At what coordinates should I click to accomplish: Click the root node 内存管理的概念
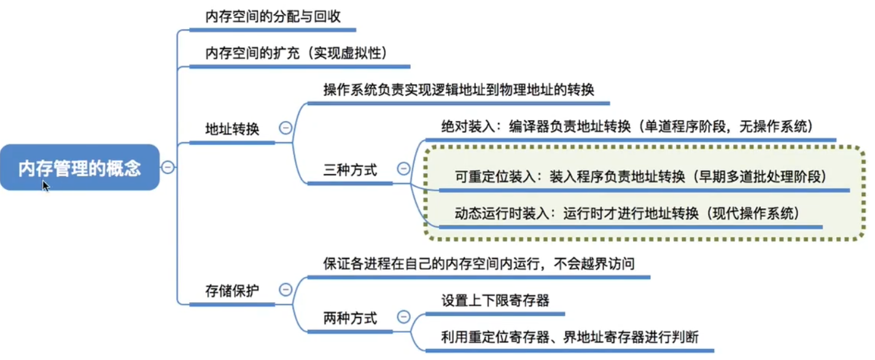pyautogui.click(x=80, y=167)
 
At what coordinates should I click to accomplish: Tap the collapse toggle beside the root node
pyautogui.click(x=168, y=167)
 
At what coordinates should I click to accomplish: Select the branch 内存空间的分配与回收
pyautogui.click(x=273, y=17)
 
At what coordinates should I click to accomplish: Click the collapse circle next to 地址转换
pyautogui.click(x=286, y=128)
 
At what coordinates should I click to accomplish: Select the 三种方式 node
pyautogui.click(x=350, y=170)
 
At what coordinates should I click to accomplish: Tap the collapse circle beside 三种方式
pyautogui.click(x=403, y=168)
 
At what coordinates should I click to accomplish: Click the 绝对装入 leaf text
pyautogui.click(x=627, y=127)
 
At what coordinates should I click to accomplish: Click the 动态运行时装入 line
pyautogui.click(x=626, y=213)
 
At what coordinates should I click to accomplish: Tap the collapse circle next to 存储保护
pyautogui.click(x=286, y=289)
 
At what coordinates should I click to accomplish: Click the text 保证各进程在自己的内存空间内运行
pyautogui.click(x=478, y=264)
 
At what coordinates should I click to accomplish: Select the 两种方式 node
pyautogui.click(x=350, y=319)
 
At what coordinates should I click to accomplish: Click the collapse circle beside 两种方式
pyautogui.click(x=403, y=317)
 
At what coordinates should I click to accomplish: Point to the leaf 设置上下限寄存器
pyautogui.click(x=495, y=300)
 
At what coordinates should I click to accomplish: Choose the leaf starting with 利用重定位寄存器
pyautogui.click(x=569, y=337)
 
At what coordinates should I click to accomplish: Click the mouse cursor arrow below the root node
pyautogui.click(x=45, y=185)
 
